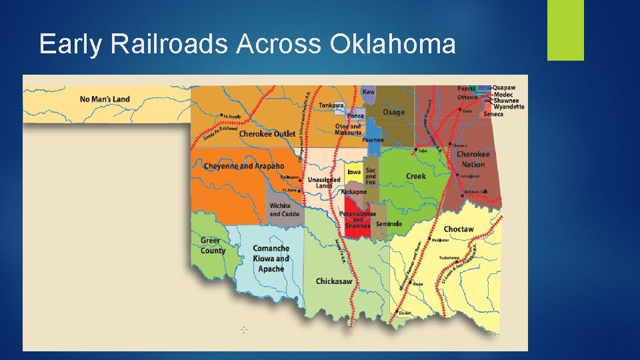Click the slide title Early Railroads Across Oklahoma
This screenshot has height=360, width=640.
pyautogui.click(x=247, y=44)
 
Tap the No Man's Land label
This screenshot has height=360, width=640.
pyautogui.click(x=105, y=99)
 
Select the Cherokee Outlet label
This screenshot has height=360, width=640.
pyautogui.click(x=267, y=134)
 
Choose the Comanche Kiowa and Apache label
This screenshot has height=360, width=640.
pyautogui.click(x=271, y=259)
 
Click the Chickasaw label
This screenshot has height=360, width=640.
pyautogui.click(x=334, y=281)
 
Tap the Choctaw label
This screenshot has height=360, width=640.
pyautogui.click(x=459, y=229)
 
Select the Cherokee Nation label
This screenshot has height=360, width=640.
pyautogui.click(x=473, y=159)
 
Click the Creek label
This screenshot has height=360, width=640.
pyautogui.click(x=415, y=176)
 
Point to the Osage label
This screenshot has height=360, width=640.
pyautogui.click(x=393, y=112)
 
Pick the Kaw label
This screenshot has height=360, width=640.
pyautogui.click(x=368, y=91)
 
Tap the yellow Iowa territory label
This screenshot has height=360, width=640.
pyautogui.click(x=354, y=172)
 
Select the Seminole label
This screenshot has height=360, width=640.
pyautogui.click(x=389, y=224)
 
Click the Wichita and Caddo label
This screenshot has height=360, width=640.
pyautogui.click(x=284, y=210)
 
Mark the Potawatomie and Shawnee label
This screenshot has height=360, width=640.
pyautogui.click(x=358, y=219)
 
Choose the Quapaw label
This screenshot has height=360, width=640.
pyautogui.click(x=505, y=87)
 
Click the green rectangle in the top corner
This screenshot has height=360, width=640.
pyautogui.click(x=565, y=29)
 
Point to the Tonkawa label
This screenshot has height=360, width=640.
pyautogui.click(x=331, y=105)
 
